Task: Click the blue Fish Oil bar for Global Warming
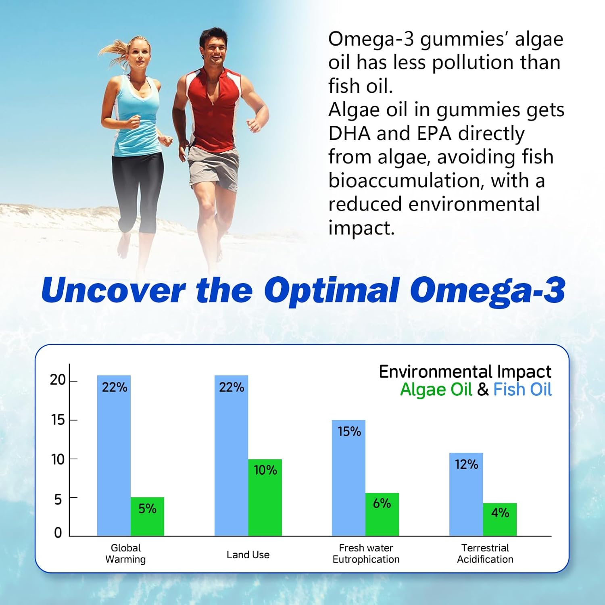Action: [x=114, y=456]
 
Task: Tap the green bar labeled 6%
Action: [x=382, y=514]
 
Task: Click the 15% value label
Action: [x=349, y=432]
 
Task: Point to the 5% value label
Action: [x=147, y=509]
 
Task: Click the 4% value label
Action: [x=500, y=513]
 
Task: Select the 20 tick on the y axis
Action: [x=58, y=380]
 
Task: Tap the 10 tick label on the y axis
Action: [x=58, y=459]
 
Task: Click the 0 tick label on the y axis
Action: [x=58, y=533]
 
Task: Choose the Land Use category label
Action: [x=248, y=555]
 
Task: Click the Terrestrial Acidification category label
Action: [x=485, y=553]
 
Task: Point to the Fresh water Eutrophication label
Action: [x=366, y=553]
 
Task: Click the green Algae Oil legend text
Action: [x=436, y=390]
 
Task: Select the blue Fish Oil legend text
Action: [x=522, y=390]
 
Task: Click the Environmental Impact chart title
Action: [x=465, y=371]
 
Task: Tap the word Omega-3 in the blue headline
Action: [x=487, y=290]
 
